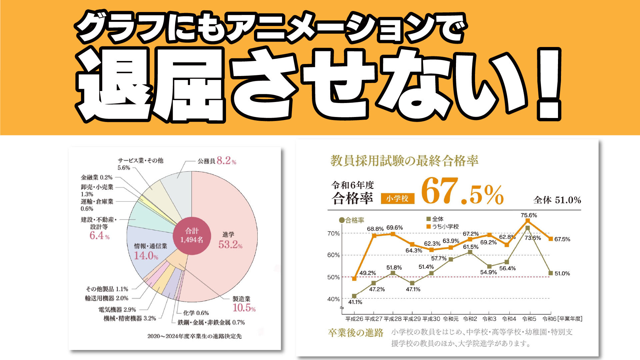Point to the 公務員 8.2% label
click(217, 161)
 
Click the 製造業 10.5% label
click(244, 304)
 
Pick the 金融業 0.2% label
click(97, 177)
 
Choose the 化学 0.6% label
click(196, 313)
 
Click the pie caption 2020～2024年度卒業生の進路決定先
click(194, 336)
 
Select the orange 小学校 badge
click(397, 199)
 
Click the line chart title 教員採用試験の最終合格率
click(404, 161)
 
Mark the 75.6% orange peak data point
click(527, 221)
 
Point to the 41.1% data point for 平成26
click(354, 296)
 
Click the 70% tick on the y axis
click(333, 233)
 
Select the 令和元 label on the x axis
click(451, 319)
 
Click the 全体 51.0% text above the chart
click(557, 200)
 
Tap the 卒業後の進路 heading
click(356, 333)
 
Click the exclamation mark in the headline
click(549, 85)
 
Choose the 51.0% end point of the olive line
click(551, 273)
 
